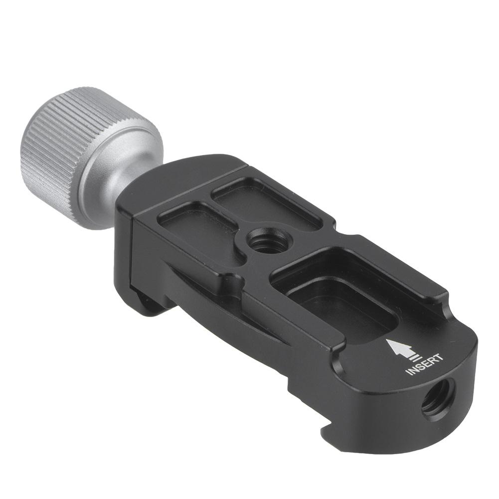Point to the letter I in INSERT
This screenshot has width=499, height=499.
[x=409, y=373]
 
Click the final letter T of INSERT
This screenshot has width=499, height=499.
[x=438, y=356]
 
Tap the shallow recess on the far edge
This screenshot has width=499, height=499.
[x=264, y=199]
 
